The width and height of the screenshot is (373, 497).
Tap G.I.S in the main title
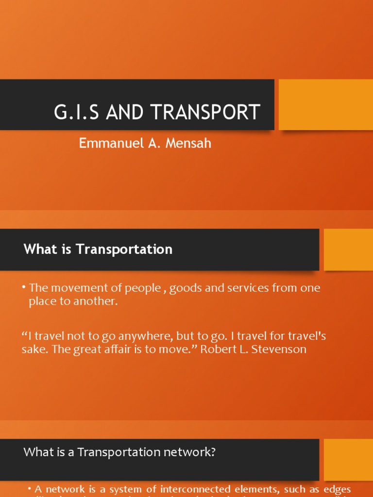(x=76, y=112)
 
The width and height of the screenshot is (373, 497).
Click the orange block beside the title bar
(x=325, y=105)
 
